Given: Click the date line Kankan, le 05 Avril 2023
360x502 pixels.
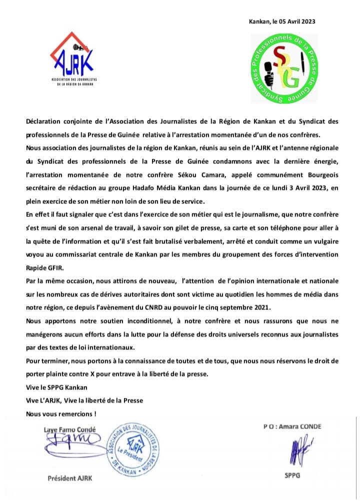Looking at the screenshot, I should coord(282,21).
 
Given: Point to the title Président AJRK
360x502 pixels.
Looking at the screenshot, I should coord(70,478).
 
